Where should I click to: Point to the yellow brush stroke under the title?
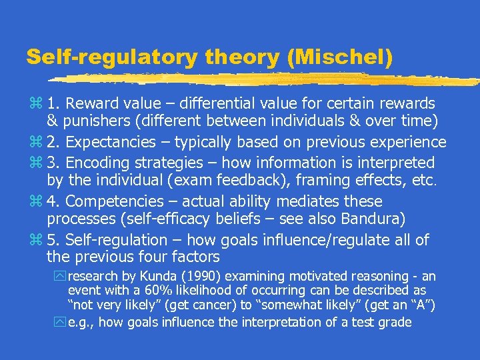pos(267,79)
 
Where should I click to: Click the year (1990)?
pos(181,276)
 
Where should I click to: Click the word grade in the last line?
pos(395,323)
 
